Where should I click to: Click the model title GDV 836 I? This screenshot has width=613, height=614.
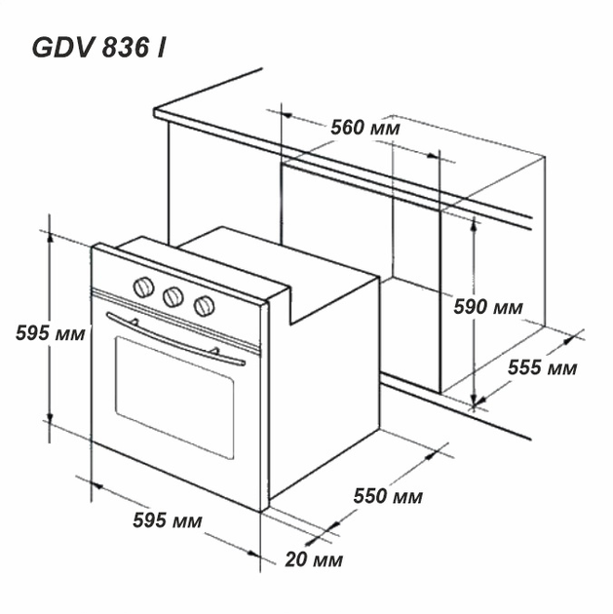(x=98, y=49)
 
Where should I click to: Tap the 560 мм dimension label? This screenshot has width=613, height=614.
(x=365, y=128)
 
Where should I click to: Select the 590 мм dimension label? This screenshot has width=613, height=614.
(x=487, y=307)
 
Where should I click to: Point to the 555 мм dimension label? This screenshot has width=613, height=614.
(x=542, y=368)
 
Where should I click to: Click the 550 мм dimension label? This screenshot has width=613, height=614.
(x=388, y=496)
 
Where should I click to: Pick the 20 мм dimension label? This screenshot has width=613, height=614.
(x=314, y=559)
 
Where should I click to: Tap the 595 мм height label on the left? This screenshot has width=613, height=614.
(x=50, y=333)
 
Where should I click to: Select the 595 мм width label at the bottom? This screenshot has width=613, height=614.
(x=168, y=520)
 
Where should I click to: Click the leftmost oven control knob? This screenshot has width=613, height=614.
(x=143, y=288)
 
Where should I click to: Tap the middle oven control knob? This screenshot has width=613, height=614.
(x=173, y=297)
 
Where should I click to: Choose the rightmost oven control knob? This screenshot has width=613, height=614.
(x=204, y=306)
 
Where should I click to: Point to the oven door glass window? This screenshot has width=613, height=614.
(x=174, y=398)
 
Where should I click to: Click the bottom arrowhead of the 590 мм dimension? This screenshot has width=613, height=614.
(x=474, y=399)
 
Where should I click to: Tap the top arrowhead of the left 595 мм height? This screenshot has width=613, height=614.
(x=50, y=238)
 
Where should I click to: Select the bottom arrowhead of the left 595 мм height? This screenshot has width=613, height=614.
(x=50, y=419)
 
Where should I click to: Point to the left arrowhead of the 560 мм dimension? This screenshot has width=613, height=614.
(x=287, y=115)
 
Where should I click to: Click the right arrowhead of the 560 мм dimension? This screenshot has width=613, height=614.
(x=433, y=156)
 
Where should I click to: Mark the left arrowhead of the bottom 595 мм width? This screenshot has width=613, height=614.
(x=97, y=485)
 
